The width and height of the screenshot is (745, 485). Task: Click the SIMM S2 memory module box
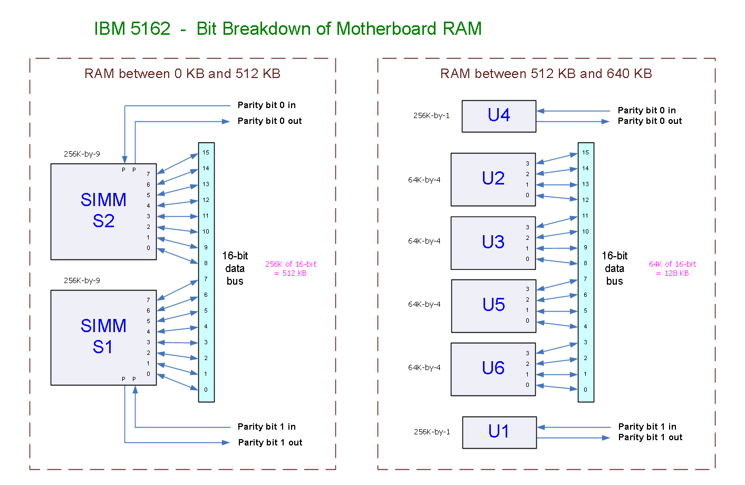[x=103, y=211]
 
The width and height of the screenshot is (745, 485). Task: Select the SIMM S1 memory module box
[x=103, y=337]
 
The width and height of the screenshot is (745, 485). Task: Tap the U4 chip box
[x=499, y=115]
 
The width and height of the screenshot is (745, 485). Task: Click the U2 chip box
[x=493, y=179]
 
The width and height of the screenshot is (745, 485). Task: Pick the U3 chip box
[x=493, y=242]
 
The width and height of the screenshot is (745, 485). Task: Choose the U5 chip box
[x=494, y=305]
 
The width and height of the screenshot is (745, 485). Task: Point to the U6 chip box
[x=493, y=368]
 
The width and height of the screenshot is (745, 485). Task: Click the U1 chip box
[x=499, y=432]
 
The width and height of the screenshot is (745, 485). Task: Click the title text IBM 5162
[x=132, y=29]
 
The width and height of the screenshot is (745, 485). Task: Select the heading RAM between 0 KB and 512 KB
[x=182, y=74]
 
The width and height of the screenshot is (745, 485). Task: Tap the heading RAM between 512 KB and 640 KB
[x=546, y=74]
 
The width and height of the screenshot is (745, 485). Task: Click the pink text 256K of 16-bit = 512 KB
[x=291, y=268]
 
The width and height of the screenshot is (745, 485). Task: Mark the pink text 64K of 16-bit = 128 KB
[x=672, y=268]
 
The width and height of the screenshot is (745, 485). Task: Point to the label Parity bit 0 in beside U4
[x=646, y=110]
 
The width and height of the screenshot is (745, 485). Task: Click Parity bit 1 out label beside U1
[x=650, y=437]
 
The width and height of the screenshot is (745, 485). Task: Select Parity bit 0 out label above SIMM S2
[x=269, y=121]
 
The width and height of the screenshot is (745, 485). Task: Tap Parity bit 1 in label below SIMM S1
[x=266, y=426]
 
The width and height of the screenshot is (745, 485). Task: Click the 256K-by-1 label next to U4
[x=431, y=115]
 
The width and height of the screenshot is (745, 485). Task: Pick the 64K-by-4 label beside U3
[x=424, y=241]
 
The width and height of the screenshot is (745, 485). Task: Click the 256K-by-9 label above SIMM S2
[x=82, y=154]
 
